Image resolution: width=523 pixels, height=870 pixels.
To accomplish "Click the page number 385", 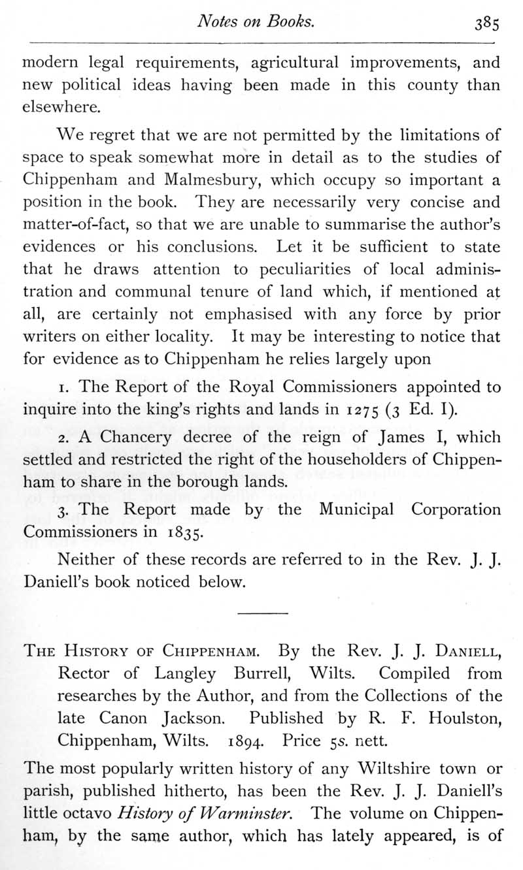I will click(x=487, y=23).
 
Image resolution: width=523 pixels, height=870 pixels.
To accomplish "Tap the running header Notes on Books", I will click(x=257, y=21).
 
